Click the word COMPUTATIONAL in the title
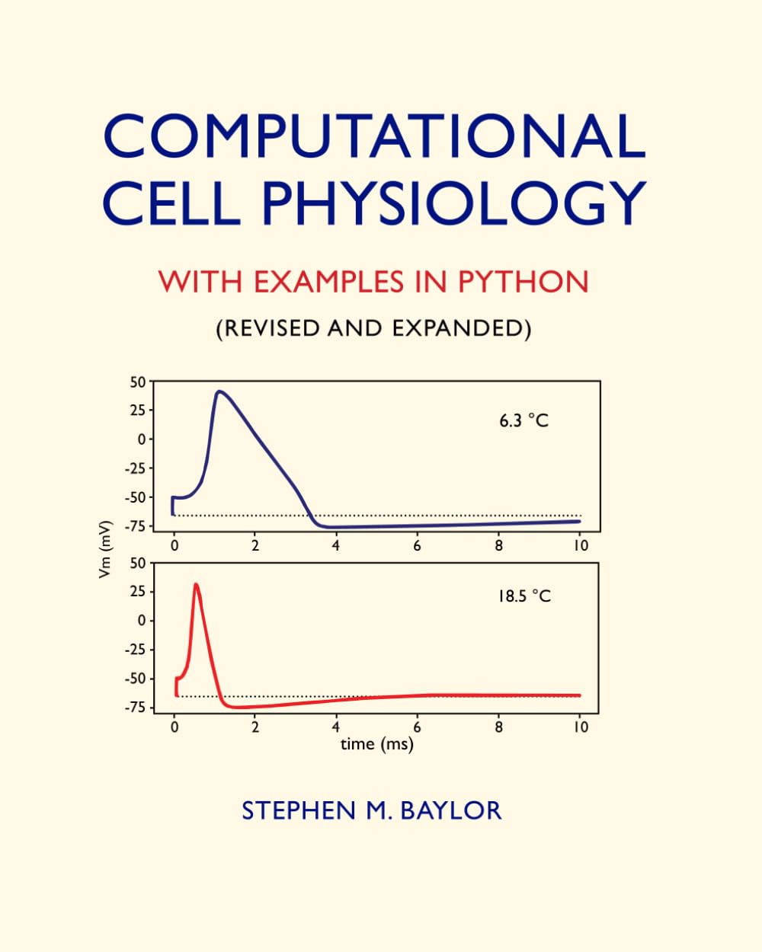(374, 136)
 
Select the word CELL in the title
(171, 203)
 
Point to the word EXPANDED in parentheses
(461, 328)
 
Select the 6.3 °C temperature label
(523, 420)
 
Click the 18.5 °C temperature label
(523, 596)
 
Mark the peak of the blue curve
(219, 391)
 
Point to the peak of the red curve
(196, 584)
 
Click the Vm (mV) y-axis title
(106, 548)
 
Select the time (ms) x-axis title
(376, 744)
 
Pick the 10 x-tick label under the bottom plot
(581, 727)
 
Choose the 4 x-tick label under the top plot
(336, 545)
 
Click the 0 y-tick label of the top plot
(141, 439)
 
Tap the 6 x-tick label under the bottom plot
(418, 727)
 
